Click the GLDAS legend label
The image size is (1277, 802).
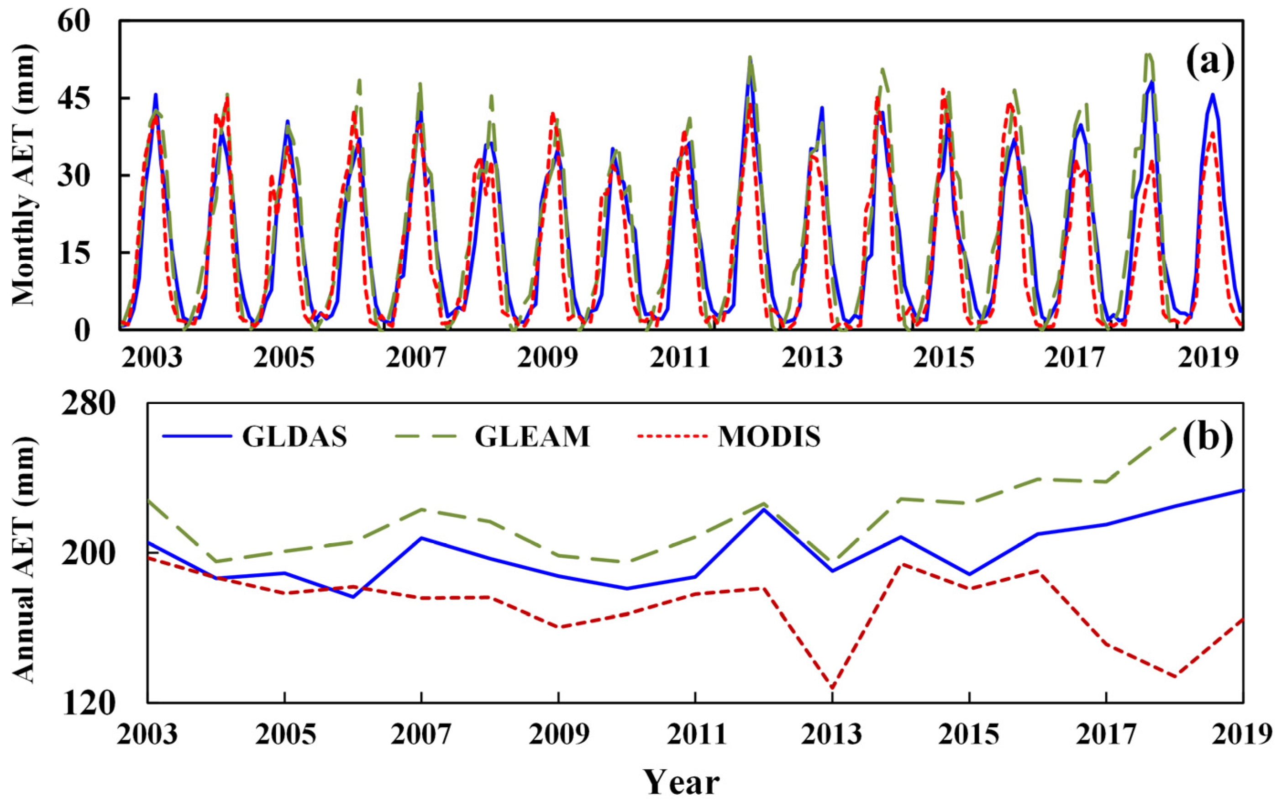[294, 437]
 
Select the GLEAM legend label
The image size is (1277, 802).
[532, 437]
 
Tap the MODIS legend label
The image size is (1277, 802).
[769, 437]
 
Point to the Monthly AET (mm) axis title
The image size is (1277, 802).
[23, 175]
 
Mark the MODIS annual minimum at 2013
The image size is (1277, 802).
[832, 688]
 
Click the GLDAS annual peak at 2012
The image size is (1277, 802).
[764, 509]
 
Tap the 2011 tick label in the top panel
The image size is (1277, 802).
[679, 359]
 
